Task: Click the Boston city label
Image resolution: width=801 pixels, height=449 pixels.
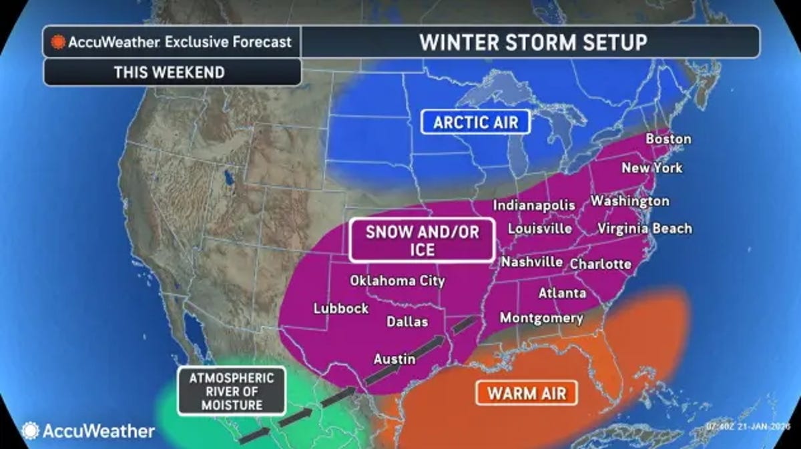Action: [668, 139]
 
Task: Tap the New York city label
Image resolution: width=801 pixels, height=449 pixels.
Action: [651, 168]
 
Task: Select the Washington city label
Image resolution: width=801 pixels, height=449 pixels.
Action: [629, 201]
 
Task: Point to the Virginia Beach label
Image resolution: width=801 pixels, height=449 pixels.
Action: [644, 229]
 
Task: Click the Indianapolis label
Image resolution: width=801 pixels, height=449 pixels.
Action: [534, 205]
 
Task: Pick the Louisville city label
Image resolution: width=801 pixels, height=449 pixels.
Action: [539, 229]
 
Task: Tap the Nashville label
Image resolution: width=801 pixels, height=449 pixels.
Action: [532, 262]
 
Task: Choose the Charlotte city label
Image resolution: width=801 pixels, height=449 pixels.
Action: [600, 264]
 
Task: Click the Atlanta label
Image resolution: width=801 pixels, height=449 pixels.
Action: [562, 293]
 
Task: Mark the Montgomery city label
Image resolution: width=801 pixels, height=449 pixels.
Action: [541, 318]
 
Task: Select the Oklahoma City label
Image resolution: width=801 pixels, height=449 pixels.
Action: [397, 281]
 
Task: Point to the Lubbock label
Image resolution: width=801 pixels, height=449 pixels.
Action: [341, 308]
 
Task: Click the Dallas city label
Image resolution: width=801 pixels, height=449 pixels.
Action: [407, 322]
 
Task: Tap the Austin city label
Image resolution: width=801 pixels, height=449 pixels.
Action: [394, 359]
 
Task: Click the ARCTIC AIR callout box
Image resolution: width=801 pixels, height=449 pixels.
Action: [476, 122]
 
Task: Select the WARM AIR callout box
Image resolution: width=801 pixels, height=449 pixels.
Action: [527, 392]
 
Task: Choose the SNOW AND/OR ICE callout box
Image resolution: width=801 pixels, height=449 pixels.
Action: [421, 241]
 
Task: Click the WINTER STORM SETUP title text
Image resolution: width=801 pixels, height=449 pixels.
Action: [533, 42]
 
